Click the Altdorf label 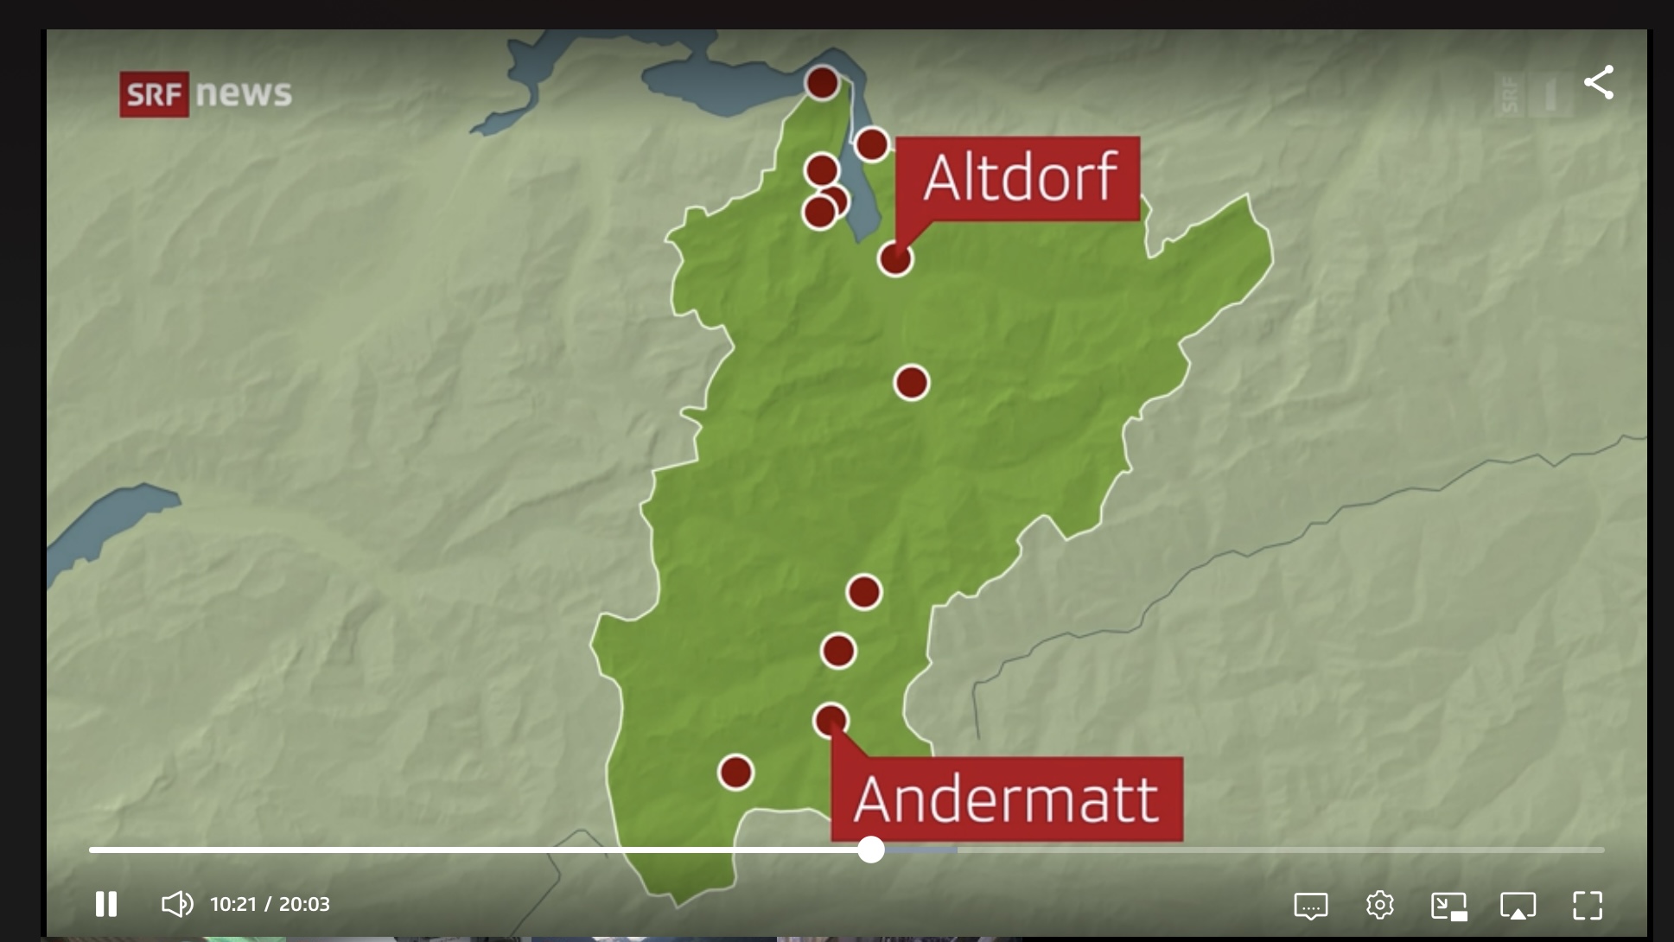pos(1018,178)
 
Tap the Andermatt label pos(1006,799)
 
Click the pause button pos(106,904)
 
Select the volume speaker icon pos(177,904)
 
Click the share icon pos(1599,83)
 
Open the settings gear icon pos(1379,905)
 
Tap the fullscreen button pos(1588,905)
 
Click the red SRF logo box pos(154,94)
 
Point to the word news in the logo pos(244,93)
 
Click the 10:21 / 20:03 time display pos(270,904)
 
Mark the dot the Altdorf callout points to pos(895,258)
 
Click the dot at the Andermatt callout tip pos(831,720)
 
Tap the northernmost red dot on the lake pos(822,83)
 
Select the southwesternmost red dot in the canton pos(735,772)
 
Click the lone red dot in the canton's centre pos(911,382)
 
